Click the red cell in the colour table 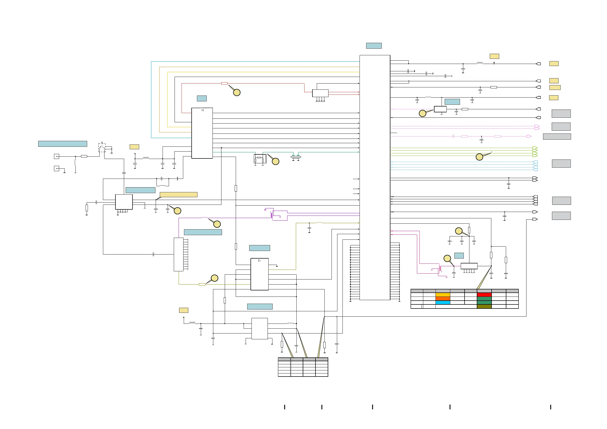click(484, 294)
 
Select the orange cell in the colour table click(443, 298)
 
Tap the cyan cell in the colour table click(443, 302)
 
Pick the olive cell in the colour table click(484, 306)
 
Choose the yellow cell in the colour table click(443, 294)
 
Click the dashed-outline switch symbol click(102, 148)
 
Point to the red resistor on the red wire click(224, 84)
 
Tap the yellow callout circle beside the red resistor click(237, 92)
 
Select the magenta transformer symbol click(440, 269)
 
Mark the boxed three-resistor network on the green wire click(260, 159)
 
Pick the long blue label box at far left click(62, 144)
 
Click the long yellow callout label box click(178, 195)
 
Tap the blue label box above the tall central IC click(374, 46)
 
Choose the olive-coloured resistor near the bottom click(202, 284)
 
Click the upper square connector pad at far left click(56, 156)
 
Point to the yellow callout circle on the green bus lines click(479, 157)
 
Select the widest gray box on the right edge click(557, 137)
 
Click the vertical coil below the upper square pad click(75, 162)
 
